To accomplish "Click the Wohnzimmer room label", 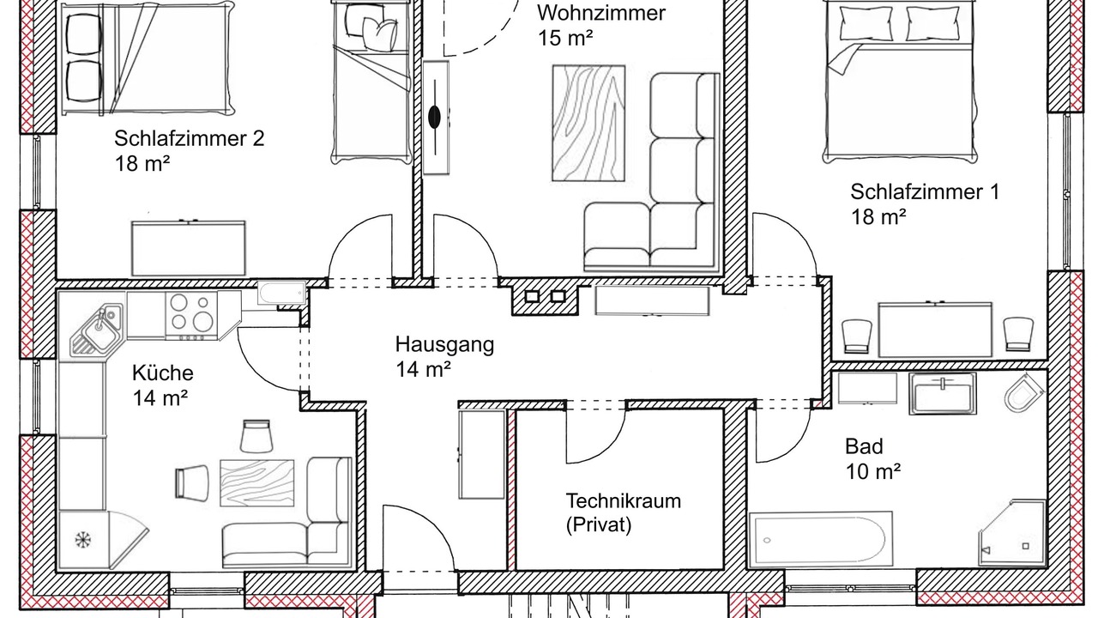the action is pyautogui.click(x=601, y=13).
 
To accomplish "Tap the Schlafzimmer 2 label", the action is pyautogui.click(x=190, y=138).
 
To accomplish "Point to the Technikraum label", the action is pyautogui.click(x=624, y=500).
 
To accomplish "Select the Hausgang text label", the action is pyautogui.click(x=444, y=345).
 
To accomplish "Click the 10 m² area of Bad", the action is pyautogui.click(x=873, y=471).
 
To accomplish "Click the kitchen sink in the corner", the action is pyautogui.click(x=98, y=329).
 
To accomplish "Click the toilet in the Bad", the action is pyautogui.click(x=1023, y=393).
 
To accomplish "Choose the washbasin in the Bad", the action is pyautogui.click(x=942, y=394).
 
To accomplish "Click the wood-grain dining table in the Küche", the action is pyautogui.click(x=256, y=482).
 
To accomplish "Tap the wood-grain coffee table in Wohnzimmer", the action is pyautogui.click(x=588, y=123).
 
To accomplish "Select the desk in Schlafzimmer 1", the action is pyautogui.click(x=935, y=329).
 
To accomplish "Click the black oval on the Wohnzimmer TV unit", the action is pyautogui.click(x=435, y=117).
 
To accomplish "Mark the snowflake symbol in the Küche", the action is pyautogui.click(x=83, y=540).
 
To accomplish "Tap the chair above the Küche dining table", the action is pyautogui.click(x=256, y=435).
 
